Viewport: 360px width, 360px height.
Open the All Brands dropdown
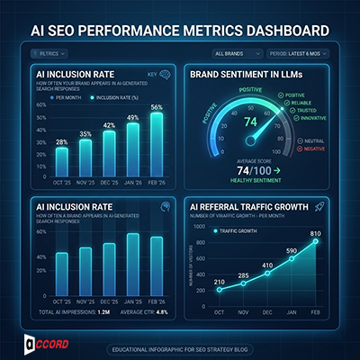235,53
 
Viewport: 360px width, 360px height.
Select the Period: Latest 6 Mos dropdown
306,53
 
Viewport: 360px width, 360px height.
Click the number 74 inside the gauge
250,121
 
